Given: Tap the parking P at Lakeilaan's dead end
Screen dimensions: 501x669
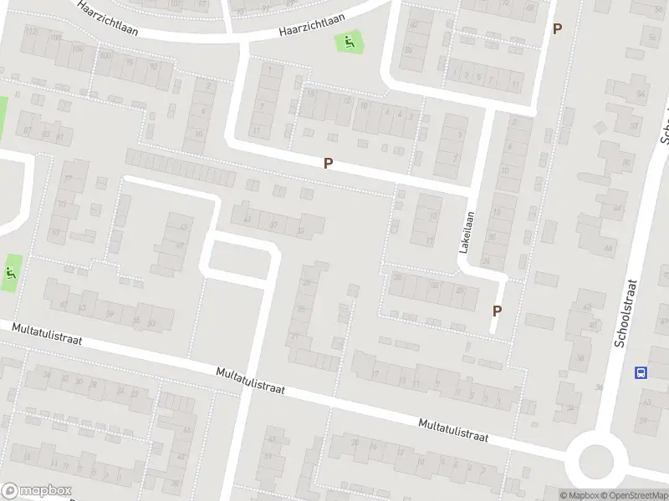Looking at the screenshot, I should (497, 311).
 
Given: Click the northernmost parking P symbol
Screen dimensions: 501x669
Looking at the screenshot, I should (557, 28).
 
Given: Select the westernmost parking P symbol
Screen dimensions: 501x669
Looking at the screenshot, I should (329, 164).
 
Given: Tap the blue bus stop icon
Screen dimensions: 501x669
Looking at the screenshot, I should (641, 373).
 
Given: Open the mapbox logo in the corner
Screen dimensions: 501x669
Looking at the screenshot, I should (37, 491).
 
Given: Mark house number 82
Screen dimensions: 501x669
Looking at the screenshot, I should (415, 24).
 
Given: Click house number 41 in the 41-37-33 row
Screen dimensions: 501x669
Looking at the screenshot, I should (247, 220).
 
